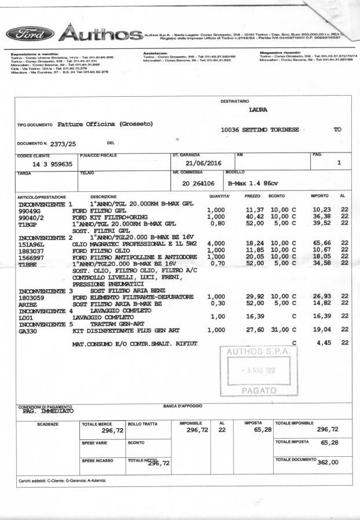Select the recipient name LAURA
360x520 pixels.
click(x=258, y=109)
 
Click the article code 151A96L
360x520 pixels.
click(x=34, y=245)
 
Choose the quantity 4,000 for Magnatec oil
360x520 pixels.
click(x=216, y=244)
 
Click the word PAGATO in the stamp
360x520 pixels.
click(x=257, y=391)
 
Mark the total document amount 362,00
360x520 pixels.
click(x=327, y=462)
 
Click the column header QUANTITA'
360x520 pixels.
click(x=220, y=197)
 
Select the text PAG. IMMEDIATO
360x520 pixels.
click(x=48, y=411)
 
